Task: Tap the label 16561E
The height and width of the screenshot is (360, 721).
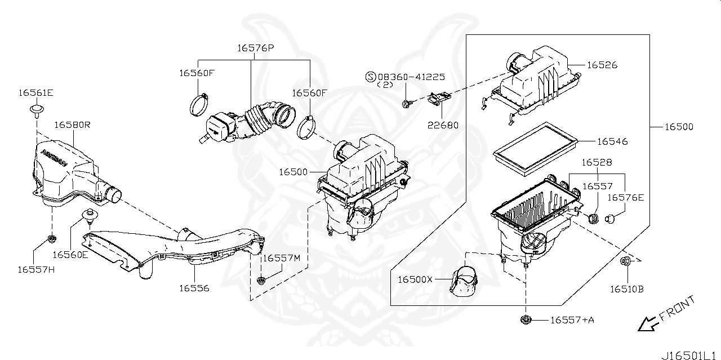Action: click(35, 92)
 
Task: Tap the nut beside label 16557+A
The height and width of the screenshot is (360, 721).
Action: click(525, 321)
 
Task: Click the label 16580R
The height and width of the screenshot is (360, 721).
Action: click(73, 124)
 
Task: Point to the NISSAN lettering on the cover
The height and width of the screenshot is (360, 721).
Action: click(55, 156)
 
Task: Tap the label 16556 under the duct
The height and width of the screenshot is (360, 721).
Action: click(194, 288)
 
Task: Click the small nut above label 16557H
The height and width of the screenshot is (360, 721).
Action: click(51, 239)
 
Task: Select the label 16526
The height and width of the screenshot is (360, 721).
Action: click(602, 65)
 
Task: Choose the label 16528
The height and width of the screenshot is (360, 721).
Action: click(597, 162)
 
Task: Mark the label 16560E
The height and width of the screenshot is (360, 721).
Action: click(70, 254)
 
